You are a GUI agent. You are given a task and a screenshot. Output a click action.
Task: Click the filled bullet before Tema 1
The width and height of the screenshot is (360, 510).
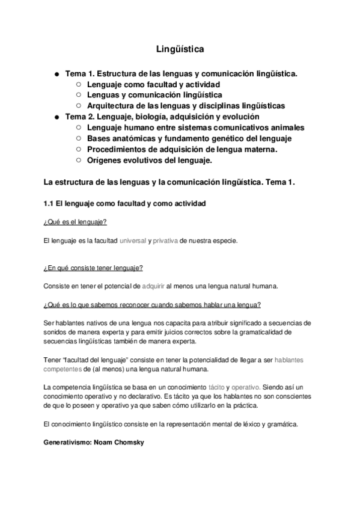(x=56, y=74)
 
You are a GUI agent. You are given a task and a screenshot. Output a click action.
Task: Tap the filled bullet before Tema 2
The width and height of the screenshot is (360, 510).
(x=56, y=117)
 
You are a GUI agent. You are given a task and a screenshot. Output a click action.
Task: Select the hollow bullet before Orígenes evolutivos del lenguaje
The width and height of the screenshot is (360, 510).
(x=78, y=160)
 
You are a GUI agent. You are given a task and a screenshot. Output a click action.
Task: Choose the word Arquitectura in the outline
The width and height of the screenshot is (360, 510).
(x=112, y=106)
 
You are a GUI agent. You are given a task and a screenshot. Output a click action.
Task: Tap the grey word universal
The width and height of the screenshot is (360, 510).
(x=133, y=241)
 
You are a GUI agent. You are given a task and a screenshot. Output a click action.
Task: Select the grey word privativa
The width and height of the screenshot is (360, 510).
(x=165, y=241)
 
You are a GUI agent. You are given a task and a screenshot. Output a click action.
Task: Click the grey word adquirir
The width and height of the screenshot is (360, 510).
(x=153, y=286)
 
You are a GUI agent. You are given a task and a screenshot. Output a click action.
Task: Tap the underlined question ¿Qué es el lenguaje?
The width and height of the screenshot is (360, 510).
(x=75, y=223)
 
